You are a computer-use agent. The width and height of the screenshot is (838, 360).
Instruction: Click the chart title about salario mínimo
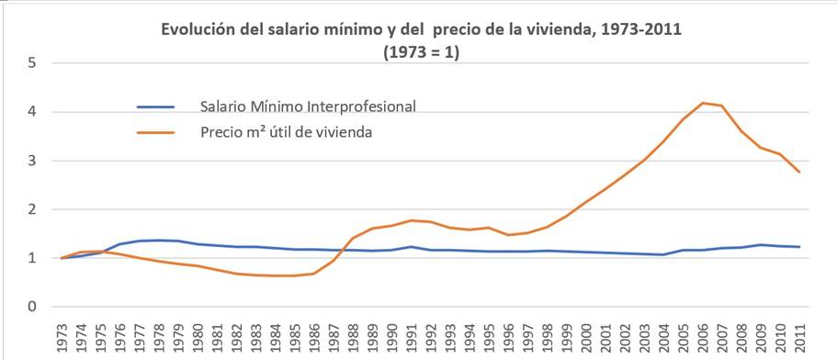click(421, 30)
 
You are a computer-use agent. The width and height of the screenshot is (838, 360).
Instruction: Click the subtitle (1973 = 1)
click(421, 52)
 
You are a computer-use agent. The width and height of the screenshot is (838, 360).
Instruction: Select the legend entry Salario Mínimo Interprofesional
click(308, 106)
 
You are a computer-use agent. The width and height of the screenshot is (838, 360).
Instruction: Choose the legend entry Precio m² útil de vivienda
click(284, 131)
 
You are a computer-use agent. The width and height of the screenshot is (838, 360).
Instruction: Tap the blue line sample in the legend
click(161, 106)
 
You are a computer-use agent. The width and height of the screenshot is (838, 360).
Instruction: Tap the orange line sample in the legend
click(161, 131)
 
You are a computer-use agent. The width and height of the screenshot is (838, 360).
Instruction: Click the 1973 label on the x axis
click(62, 337)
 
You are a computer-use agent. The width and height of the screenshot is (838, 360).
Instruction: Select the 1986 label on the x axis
click(313, 337)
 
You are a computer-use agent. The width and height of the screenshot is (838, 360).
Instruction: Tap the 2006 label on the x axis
click(701, 337)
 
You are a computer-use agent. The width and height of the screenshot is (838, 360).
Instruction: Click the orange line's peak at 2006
click(701, 103)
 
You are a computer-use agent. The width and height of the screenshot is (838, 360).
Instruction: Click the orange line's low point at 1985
click(294, 276)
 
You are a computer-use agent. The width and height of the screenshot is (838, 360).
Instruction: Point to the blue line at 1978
click(159, 241)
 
